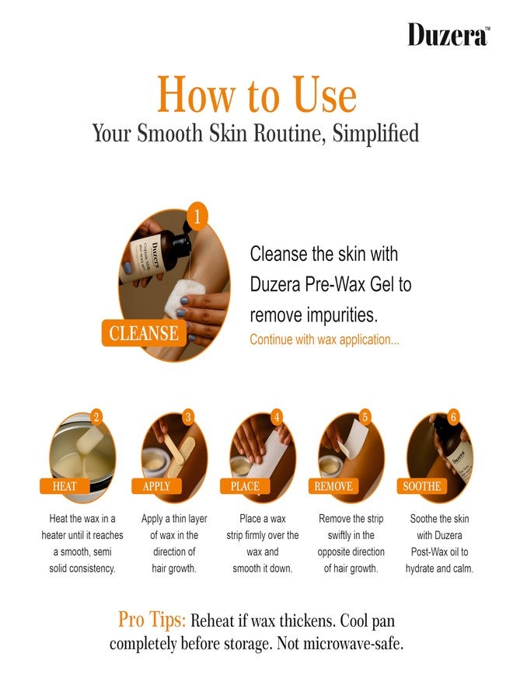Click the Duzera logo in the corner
click(448, 35)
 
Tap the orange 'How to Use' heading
click(257, 94)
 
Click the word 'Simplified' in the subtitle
click(375, 134)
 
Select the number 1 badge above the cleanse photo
click(197, 217)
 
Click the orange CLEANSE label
click(144, 333)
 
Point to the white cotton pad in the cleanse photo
click(184, 296)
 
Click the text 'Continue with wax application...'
click(324, 339)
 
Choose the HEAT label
click(65, 486)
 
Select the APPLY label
click(156, 486)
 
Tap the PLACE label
click(245, 486)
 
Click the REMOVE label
click(333, 486)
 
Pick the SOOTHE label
click(421, 486)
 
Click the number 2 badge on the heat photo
click(96, 418)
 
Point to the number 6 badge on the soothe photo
click(453, 417)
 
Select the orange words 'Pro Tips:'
click(152, 620)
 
